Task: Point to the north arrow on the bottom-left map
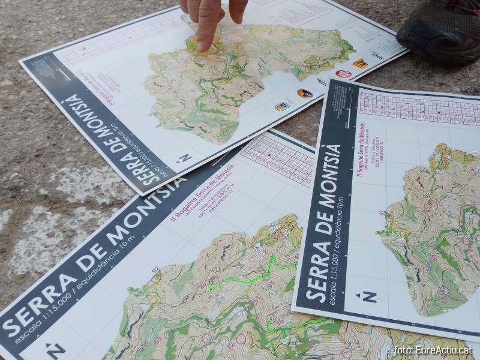coord(55,349)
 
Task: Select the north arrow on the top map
coord(184,158)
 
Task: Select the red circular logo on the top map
coord(343,73)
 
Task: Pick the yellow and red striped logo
coord(360,62)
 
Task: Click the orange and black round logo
coord(305,94)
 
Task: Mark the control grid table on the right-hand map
coord(420,108)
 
